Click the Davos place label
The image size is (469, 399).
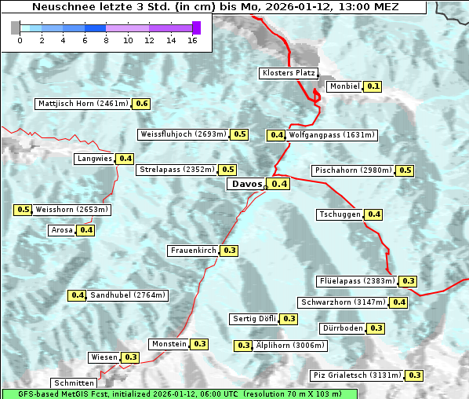click(245, 184)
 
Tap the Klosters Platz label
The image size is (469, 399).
click(289, 73)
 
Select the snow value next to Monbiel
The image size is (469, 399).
click(373, 86)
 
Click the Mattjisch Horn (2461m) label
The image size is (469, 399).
click(83, 104)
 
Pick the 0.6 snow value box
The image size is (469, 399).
click(142, 104)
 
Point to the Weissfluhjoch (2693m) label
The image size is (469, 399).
click(183, 134)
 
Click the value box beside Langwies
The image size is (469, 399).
click(125, 159)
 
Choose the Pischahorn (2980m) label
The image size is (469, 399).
click(352, 170)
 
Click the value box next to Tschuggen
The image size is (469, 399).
click(374, 214)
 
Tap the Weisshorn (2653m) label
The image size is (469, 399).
click(71, 210)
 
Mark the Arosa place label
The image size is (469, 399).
click(61, 230)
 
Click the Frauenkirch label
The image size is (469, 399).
click(193, 251)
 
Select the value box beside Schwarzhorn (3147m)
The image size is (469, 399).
click(399, 302)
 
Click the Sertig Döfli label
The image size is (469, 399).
click(254, 319)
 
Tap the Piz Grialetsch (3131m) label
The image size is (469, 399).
click(357, 375)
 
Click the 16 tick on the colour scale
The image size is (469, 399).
click(192, 39)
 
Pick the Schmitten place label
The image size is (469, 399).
click(75, 383)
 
